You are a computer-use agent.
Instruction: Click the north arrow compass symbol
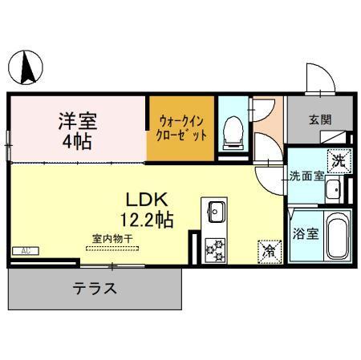[x=26, y=66]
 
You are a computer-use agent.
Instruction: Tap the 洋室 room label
[x=78, y=122]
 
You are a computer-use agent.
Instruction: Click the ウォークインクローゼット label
[x=183, y=128]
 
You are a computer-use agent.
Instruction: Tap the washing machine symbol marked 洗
[x=339, y=160]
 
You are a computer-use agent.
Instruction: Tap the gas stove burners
[x=216, y=249]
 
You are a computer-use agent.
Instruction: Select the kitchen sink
[x=217, y=213]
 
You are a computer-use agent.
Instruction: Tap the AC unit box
[x=26, y=251]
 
